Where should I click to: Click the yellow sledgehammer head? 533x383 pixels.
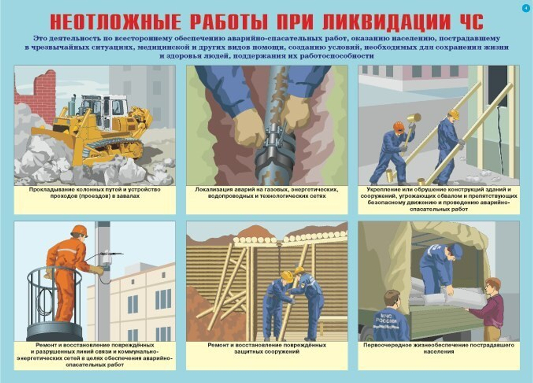[x=414, y=118]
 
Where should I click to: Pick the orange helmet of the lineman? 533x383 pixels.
[x=79, y=230]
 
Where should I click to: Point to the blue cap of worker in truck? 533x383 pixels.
[x=457, y=250]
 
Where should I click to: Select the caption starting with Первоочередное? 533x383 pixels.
[x=439, y=349]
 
